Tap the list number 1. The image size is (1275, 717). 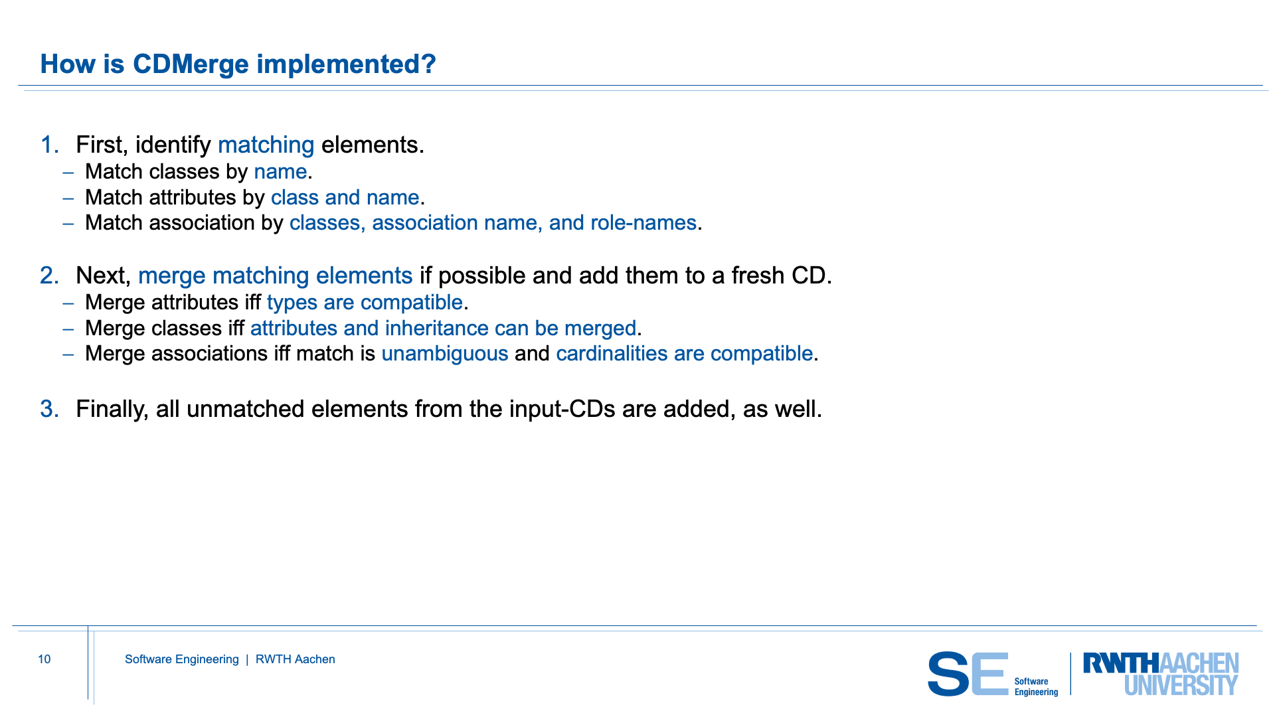click(50, 145)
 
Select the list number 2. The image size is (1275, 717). click(50, 276)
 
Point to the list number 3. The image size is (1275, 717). click(50, 409)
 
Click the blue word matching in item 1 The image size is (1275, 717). click(266, 145)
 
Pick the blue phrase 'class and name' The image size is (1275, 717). click(345, 197)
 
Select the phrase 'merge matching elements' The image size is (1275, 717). click(276, 276)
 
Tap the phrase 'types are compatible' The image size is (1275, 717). click(365, 303)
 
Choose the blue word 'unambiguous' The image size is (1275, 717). click(445, 354)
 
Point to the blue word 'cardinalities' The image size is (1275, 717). click(612, 353)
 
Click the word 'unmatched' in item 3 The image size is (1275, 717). click(246, 409)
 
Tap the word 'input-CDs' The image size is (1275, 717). click(562, 409)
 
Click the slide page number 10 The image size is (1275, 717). click(44, 659)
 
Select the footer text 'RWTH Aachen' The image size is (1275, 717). click(296, 659)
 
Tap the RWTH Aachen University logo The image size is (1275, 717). click(1161, 674)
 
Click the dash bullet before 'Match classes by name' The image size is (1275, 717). click(68, 172)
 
